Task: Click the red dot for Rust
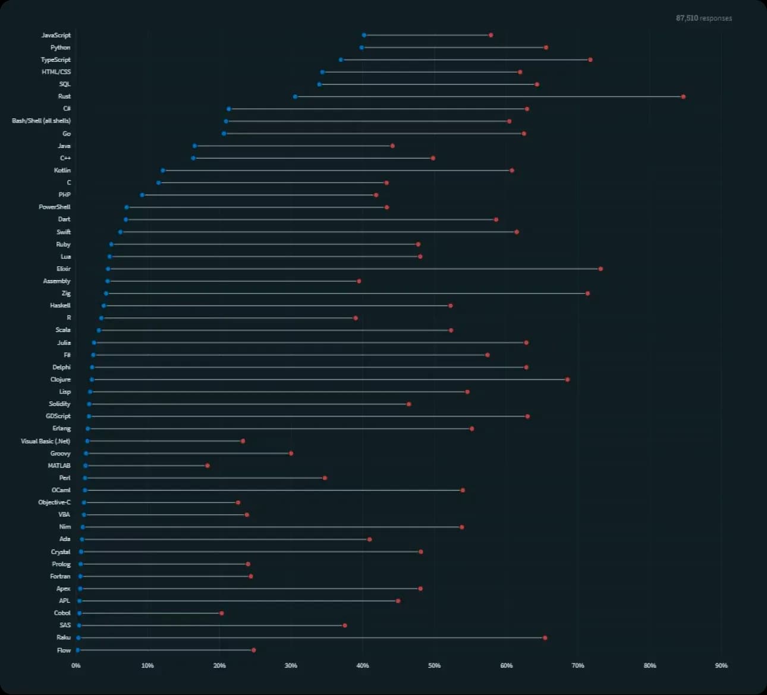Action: [x=683, y=96]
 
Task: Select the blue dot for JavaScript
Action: [x=364, y=35]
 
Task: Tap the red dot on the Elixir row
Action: [x=601, y=269]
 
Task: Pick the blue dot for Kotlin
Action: [x=162, y=171]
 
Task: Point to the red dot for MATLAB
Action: [x=208, y=466]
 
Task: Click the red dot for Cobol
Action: [x=222, y=613]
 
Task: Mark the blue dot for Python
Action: [x=362, y=48]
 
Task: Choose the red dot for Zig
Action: [x=587, y=293]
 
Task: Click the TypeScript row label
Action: [x=55, y=59]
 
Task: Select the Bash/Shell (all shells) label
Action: [x=41, y=121]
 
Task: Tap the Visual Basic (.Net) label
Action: [x=45, y=441]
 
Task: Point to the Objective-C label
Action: [x=54, y=502]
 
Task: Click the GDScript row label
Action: [x=58, y=416]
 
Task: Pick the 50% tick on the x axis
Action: [x=435, y=665]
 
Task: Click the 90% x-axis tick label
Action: [x=721, y=665]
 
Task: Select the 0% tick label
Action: [x=76, y=665]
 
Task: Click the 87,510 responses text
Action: [x=703, y=18]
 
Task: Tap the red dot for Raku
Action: [x=545, y=638]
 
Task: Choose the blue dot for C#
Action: [x=228, y=109]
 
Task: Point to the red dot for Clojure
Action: [x=567, y=379]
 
